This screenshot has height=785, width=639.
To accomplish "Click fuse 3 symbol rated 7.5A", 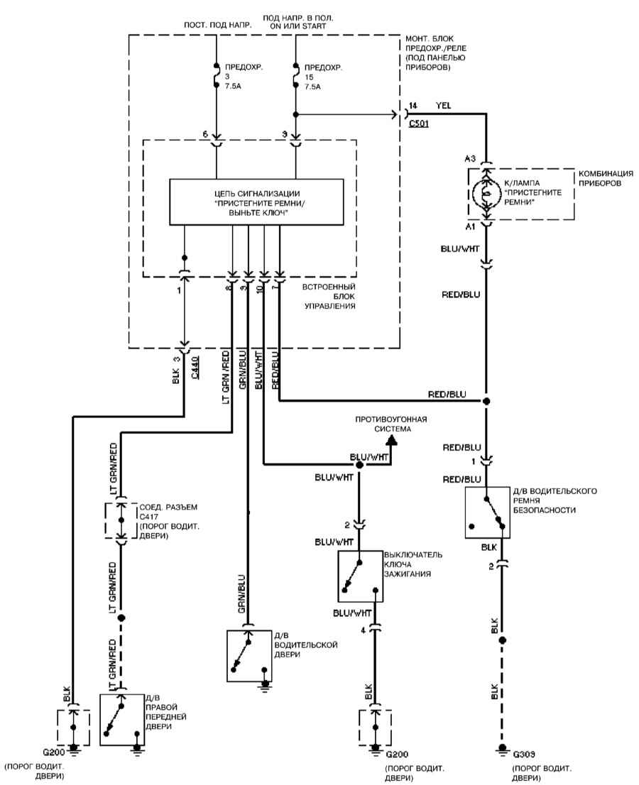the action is click(x=217, y=75).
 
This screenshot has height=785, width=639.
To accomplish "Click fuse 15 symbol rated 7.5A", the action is click(x=295, y=75).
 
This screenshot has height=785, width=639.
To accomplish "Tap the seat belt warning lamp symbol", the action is click(x=485, y=193).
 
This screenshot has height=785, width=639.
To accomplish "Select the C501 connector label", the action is click(x=419, y=123).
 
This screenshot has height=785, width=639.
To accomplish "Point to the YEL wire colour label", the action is click(x=443, y=106).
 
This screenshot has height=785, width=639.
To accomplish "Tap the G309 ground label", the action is click(x=524, y=754).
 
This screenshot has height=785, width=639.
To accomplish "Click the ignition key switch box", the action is click(x=361, y=576).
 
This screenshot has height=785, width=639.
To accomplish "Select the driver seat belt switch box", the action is click(x=487, y=512).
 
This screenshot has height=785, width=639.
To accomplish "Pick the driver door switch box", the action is click(x=249, y=656).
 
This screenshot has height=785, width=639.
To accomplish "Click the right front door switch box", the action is click(x=121, y=720).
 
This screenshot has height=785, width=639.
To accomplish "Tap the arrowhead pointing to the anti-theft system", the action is click(x=391, y=439).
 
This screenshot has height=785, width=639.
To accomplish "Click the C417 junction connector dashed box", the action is click(x=121, y=520).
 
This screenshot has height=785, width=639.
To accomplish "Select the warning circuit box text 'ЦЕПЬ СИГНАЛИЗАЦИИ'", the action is click(x=256, y=193).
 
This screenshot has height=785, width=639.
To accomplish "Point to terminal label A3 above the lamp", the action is click(x=470, y=159).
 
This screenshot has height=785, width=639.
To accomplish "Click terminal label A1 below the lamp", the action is click(x=470, y=227).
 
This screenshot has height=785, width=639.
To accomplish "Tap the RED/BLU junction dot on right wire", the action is click(x=485, y=401).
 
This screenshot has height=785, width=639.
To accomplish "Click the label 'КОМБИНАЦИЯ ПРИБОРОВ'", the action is click(x=606, y=178).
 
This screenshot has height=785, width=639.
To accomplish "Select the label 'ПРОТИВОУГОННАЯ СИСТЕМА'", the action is click(x=390, y=424).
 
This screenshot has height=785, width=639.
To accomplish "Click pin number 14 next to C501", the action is click(x=413, y=106).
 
